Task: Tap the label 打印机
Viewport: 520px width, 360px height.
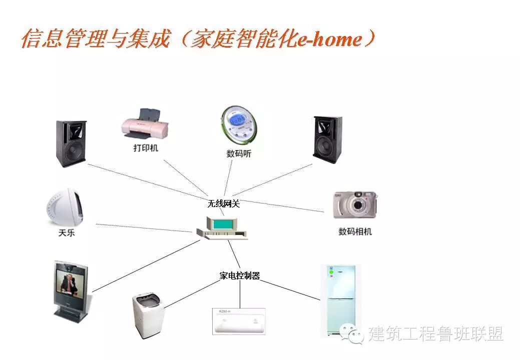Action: [x=145, y=148]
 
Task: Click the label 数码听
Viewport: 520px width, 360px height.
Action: [x=239, y=153]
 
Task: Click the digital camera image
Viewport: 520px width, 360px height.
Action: [x=355, y=204]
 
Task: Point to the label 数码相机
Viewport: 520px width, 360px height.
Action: [x=355, y=231]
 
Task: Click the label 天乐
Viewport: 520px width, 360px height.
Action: [x=66, y=232]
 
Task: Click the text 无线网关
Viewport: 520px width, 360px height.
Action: [x=224, y=203]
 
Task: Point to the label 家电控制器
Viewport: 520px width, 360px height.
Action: [x=240, y=275]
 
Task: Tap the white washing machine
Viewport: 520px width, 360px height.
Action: [x=149, y=315]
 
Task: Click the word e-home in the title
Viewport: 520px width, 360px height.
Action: [x=329, y=39]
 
